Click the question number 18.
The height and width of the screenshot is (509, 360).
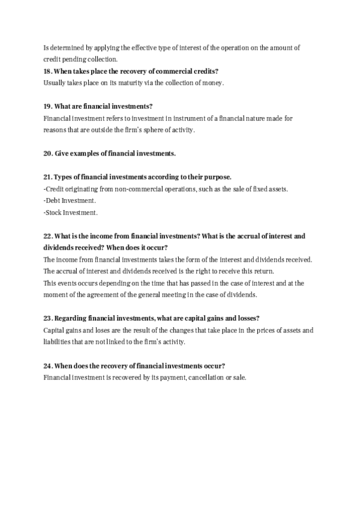[48, 71]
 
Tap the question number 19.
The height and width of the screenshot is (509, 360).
[48, 106]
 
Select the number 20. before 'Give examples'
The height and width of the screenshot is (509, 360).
[48, 153]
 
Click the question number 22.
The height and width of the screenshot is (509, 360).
[48, 236]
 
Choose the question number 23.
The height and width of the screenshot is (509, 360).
[48, 318]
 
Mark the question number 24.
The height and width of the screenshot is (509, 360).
[48, 366]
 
